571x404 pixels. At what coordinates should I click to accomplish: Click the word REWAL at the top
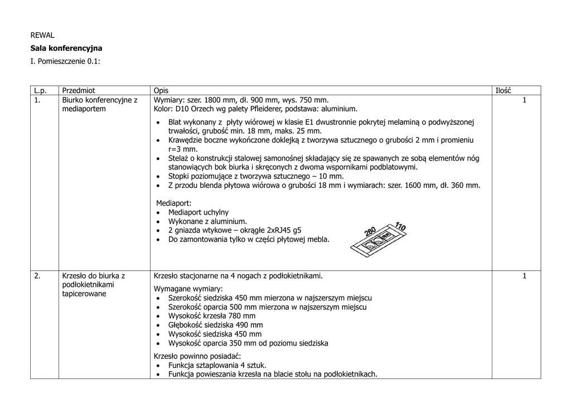(42, 35)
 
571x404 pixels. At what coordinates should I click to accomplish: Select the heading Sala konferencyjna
(66, 48)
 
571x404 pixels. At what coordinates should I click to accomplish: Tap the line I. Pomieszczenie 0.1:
(65, 61)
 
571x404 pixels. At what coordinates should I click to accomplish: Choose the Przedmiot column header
(79, 91)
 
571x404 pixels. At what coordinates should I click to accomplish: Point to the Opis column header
(161, 91)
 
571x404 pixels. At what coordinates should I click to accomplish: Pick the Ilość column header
(503, 91)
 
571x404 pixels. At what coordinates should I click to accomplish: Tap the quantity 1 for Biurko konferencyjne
(524, 100)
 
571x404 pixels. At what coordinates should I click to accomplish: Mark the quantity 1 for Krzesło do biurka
(524, 276)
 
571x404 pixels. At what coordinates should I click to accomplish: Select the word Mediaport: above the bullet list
(173, 203)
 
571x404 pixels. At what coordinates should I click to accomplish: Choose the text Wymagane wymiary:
(188, 289)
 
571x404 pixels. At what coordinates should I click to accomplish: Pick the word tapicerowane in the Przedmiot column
(84, 294)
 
